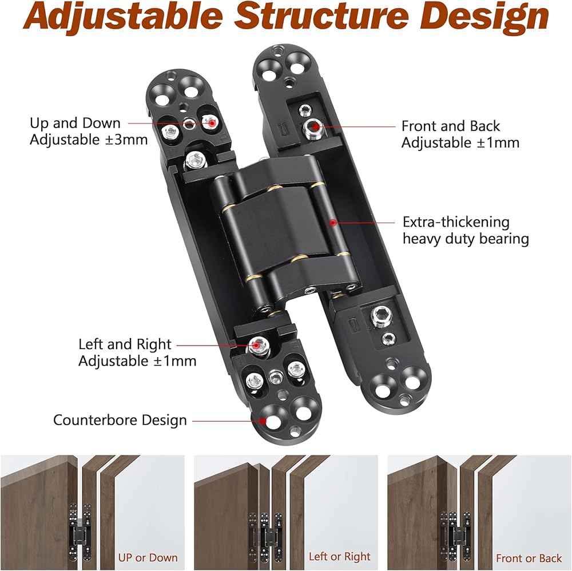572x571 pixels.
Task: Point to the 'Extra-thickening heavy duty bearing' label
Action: point(466,230)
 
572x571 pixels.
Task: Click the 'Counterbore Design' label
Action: point(120,420)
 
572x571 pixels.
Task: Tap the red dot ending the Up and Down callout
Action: point(212,122)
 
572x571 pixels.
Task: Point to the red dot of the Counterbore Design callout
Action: point(264,421)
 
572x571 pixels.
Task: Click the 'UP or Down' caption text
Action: point(148,557)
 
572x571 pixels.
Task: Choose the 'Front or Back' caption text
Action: point(529,558)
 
